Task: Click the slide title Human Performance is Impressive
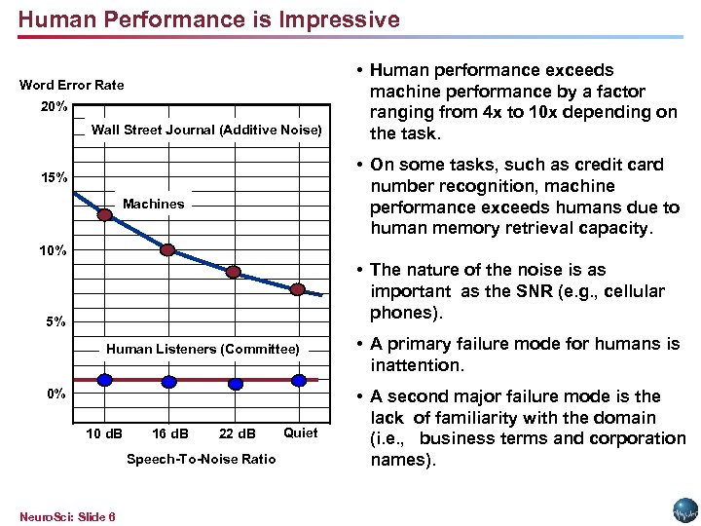tap(208, 19)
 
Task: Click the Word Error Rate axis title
tap(72, 85)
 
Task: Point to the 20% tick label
tap(55, 106)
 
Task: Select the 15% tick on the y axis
tap(55, 178)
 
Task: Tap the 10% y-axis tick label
tap(54, 250)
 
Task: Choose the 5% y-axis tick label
tap(55, 321)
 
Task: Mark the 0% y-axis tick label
tap(55, 394)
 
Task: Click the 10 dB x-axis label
tap(104, 433)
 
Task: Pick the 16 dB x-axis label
tap(170, 433)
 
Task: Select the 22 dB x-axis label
tap(237, 433)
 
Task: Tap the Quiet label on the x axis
tap(300, 432)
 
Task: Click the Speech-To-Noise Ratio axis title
tap(202, 459)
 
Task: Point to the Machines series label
tap(153, 204)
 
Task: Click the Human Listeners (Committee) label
tap(203, 349)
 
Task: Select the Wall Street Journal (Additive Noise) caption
tap(205, 131)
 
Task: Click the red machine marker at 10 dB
tap(104, 215)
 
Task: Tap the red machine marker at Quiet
tap(298, 289)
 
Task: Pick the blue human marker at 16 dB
tap(168, 382)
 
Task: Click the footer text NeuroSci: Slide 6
tap(67, 516)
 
